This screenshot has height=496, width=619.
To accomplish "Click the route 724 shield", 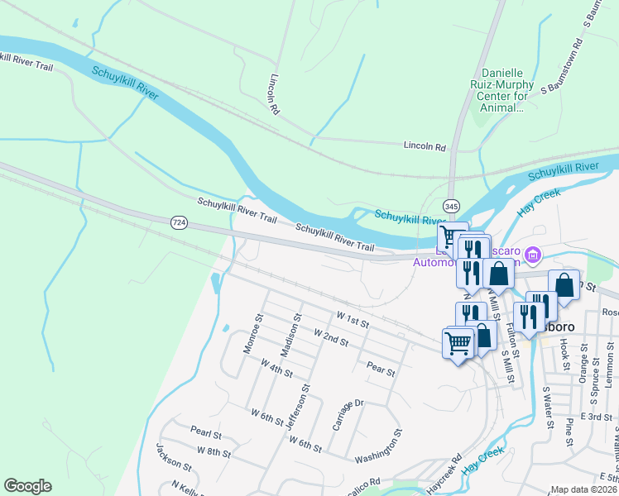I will point(179,222).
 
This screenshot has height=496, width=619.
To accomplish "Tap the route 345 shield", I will point(451,206).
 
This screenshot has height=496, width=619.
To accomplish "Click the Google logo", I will point(27,486).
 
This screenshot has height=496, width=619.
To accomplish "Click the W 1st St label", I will point(352,318).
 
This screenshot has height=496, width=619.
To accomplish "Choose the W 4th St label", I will point(276,368).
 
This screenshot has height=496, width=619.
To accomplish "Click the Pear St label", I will point(380,369).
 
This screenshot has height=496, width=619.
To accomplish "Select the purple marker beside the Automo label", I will point(533,254).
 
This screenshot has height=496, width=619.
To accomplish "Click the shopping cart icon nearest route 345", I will point(451,236).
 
